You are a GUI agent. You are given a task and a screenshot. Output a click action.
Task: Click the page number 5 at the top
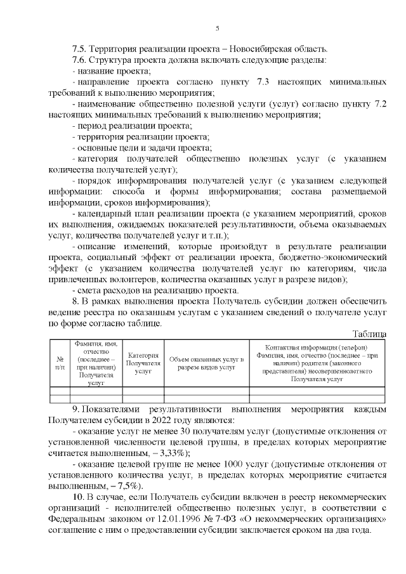tap(217, 28)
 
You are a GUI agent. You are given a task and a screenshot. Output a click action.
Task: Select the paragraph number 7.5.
tap(80, 49)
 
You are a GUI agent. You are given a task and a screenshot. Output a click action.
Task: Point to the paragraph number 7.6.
tap(80, 60)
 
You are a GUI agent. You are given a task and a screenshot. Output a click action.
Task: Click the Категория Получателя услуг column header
tap(143, 363)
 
